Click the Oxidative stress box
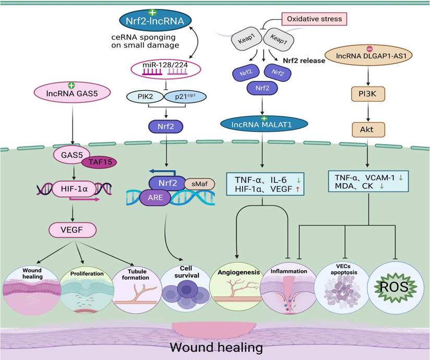click(312, 19)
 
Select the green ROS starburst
click(395, 286)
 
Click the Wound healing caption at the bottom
click(216, 346)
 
